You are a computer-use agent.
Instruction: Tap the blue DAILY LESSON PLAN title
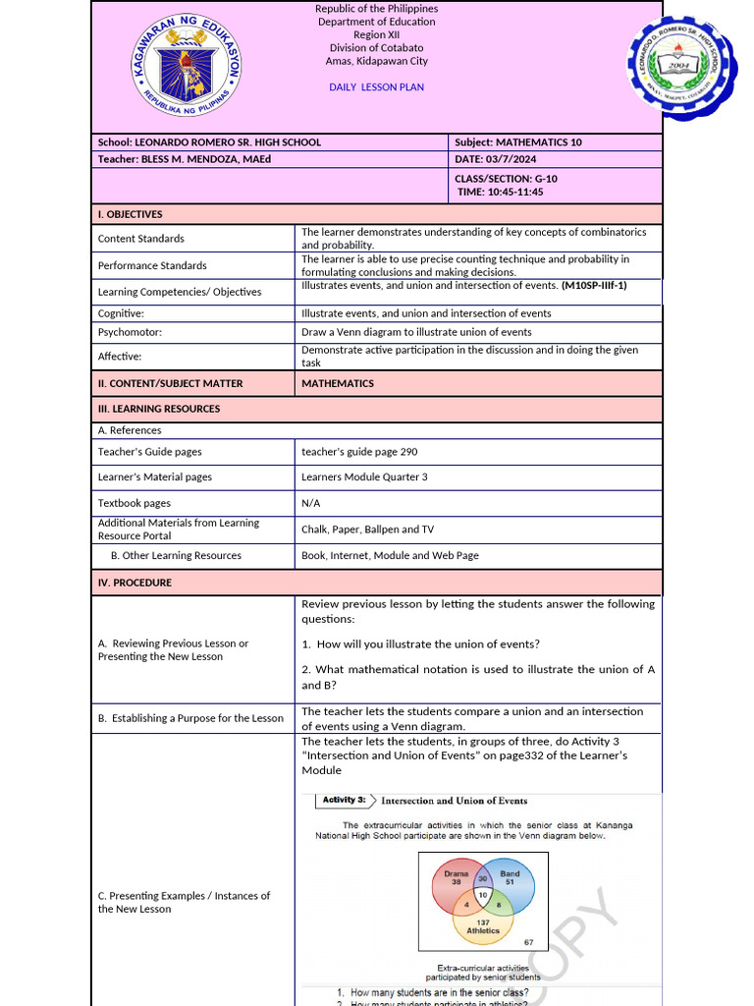tap(377, 87)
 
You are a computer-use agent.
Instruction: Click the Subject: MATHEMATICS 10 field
tap(518, 142)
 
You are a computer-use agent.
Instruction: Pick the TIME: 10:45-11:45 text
tap(500, 192)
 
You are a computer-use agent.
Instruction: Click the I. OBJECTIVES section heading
tap(131, 214)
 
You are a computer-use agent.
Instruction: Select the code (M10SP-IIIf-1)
tap(594, 286)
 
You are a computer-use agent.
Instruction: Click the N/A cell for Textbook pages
tap(311, 503)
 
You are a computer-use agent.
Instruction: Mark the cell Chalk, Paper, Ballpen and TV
tap(367, 530)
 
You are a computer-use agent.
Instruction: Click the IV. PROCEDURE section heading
tap(135, 583)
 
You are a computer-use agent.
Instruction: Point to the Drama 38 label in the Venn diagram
tap(457, 877)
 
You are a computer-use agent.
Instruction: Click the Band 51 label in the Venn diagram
tap(510, 877)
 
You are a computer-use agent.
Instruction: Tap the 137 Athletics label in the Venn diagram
tap(482, 925)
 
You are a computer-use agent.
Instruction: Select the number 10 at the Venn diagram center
tap(483, 896)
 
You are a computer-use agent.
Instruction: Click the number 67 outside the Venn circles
tap(528, 942)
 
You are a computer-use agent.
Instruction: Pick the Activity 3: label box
tap(346, 801)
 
